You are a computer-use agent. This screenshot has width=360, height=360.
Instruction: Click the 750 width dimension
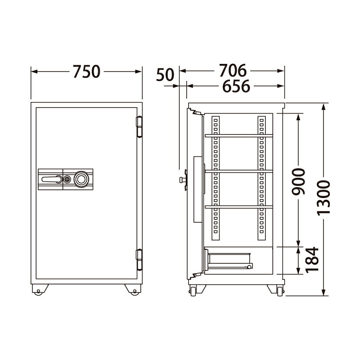[x=86, y=72]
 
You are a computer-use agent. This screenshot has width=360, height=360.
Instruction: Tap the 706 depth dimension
[x=233, y=71]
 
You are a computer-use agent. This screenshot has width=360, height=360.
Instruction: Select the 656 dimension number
[x=236, y=86]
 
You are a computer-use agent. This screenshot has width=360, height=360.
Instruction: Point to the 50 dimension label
[x=165, y=75]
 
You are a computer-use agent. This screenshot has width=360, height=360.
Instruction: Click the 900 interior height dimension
[x=298, y=181]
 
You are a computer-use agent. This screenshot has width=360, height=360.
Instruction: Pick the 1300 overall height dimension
[x=324, y=198]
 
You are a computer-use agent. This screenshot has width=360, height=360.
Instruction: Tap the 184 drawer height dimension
[x=312, y=260]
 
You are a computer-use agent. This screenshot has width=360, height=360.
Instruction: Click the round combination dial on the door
[x=81, y=179]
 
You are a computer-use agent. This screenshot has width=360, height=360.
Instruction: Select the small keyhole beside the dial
[x=67, y=179]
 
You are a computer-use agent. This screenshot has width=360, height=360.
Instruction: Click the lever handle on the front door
[x=52, y=179]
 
